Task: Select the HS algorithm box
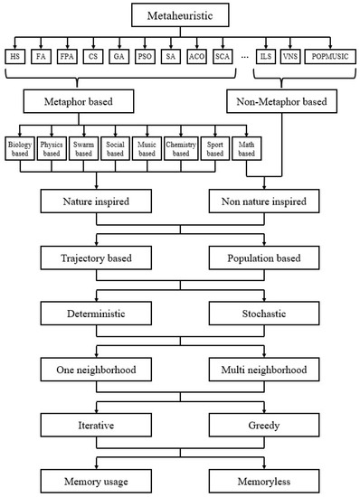point(15,57)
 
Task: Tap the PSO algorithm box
point(144,57)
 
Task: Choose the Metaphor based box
point(81,102)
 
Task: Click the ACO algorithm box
point(198,57)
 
